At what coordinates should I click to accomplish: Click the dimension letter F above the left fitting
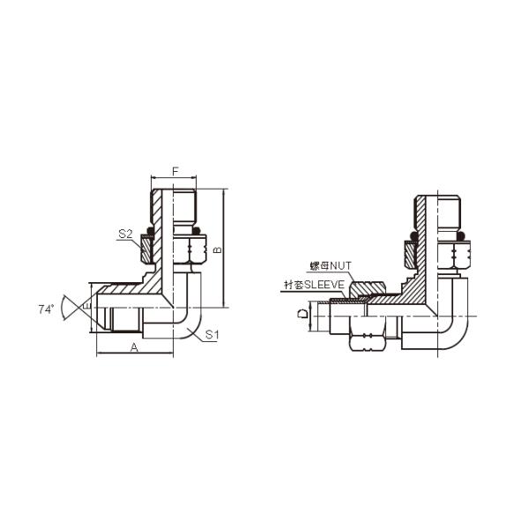coord(175,170)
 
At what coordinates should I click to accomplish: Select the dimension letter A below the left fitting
coord(134,347)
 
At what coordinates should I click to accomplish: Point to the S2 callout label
coord(125,235)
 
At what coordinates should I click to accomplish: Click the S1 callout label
coord(212,334)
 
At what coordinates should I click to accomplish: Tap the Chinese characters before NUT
coord(317,265)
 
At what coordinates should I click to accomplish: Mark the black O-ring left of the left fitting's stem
coord(150,233)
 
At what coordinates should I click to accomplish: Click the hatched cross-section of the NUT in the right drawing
coord(365,288)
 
